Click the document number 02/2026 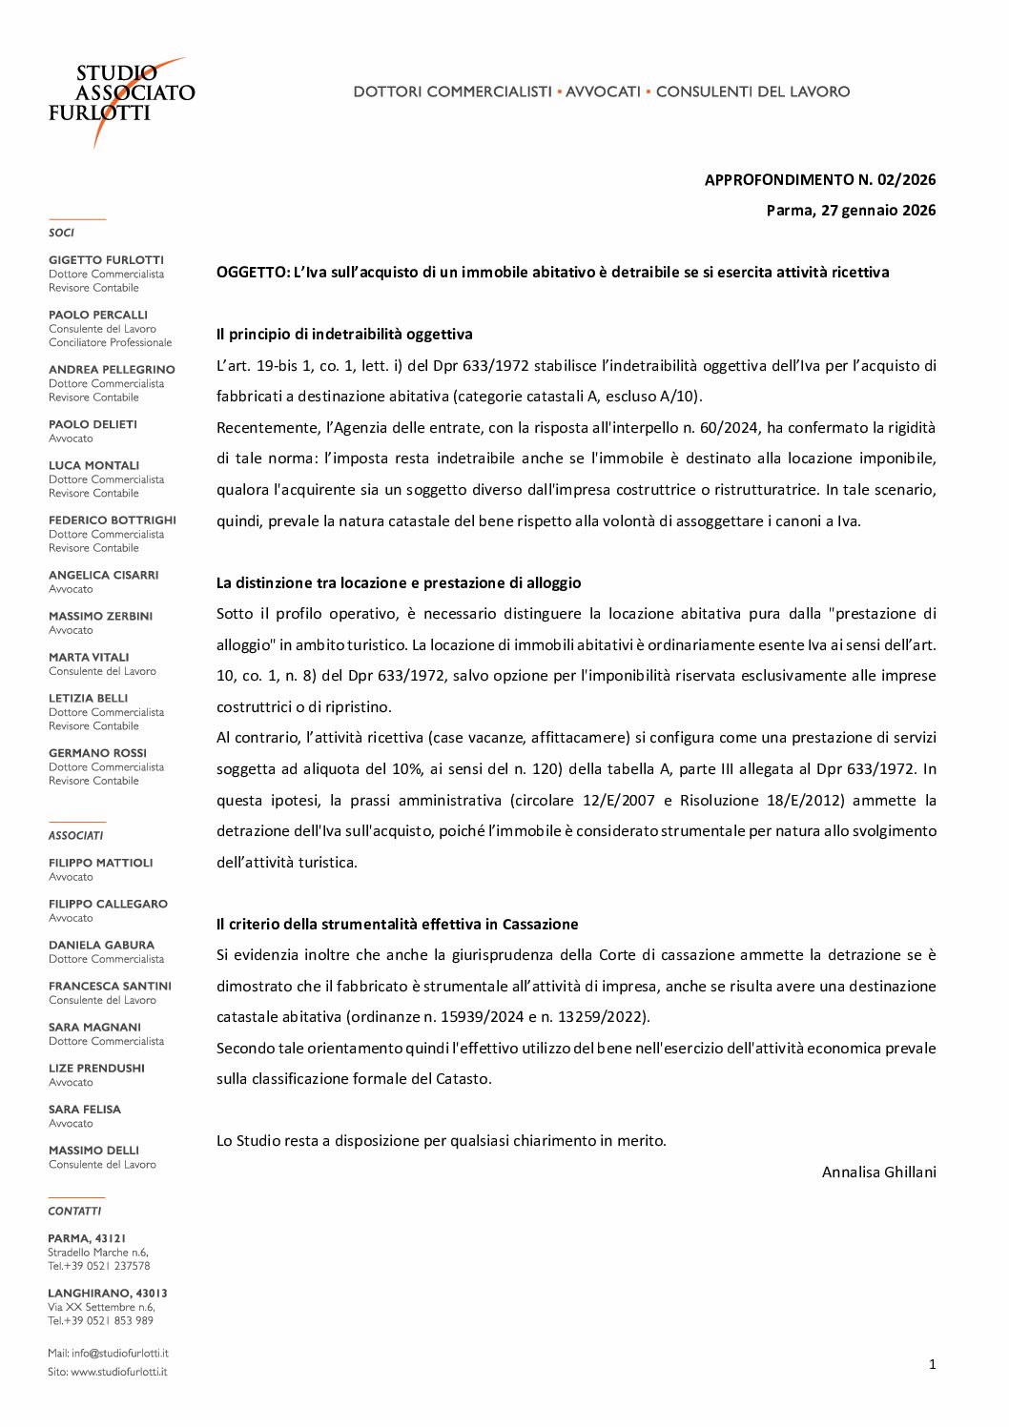coord(907,179)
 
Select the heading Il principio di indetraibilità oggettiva coord(344,335)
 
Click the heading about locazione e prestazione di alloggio coord(399,583)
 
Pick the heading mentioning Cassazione coord(398,925)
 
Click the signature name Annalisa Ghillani coord(878,1172)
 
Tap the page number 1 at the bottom coord(932,1364)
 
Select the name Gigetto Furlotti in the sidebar coord(106,260)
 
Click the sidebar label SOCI coord(61,233)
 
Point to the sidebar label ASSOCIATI coord(75,836)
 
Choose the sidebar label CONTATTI coord(74,1212)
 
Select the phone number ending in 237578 coord(132,1266)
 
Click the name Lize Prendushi coord(96,1069)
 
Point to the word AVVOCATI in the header coord(603,92)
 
